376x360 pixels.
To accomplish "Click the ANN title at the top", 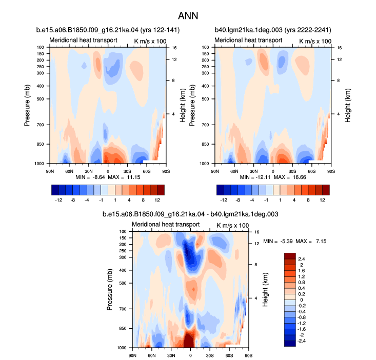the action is pyautogui.click(x=188, y=16).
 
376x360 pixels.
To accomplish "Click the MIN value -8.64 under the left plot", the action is pyautogui.click(x=99, y=177).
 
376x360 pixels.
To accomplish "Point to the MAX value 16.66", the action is pyautogui.click(x=299, y=177).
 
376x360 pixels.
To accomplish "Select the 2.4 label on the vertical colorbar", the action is pyautogui.click(x=302, y=259).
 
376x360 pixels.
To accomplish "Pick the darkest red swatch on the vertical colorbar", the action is pyautogui.click(x=290, y=256).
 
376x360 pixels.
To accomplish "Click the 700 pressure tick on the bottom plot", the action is pyautogui.click(x=123, y=309).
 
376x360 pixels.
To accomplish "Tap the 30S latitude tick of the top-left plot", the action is pyautogui.click(x=127, y=171).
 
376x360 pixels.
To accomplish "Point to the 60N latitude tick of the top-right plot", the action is pyautogui.click(x=234, y=171).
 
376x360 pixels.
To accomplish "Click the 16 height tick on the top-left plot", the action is pyautogui.click(x=174, y=48).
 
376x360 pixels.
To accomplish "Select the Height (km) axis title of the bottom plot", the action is pyautogui.click(x=265, y=290).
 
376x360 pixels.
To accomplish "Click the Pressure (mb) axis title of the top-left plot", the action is pyautogui.click(x=27, y=106).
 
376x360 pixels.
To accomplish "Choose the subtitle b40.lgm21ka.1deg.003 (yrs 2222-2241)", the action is pyautogui.click(x=273, y=30).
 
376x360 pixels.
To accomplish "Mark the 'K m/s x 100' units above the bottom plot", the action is pyautogui.click(x=232, y=226).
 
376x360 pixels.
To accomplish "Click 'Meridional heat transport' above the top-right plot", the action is pyautogui.click(x=248, y=40).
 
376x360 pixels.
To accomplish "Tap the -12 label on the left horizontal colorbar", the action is pyautogui.click(x=58, y=200).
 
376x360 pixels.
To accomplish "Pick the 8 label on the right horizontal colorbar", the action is pyautogui.click(x=308, y=200).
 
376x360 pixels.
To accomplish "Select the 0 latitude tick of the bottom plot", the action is pyautogui.click(x=190, y=355).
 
